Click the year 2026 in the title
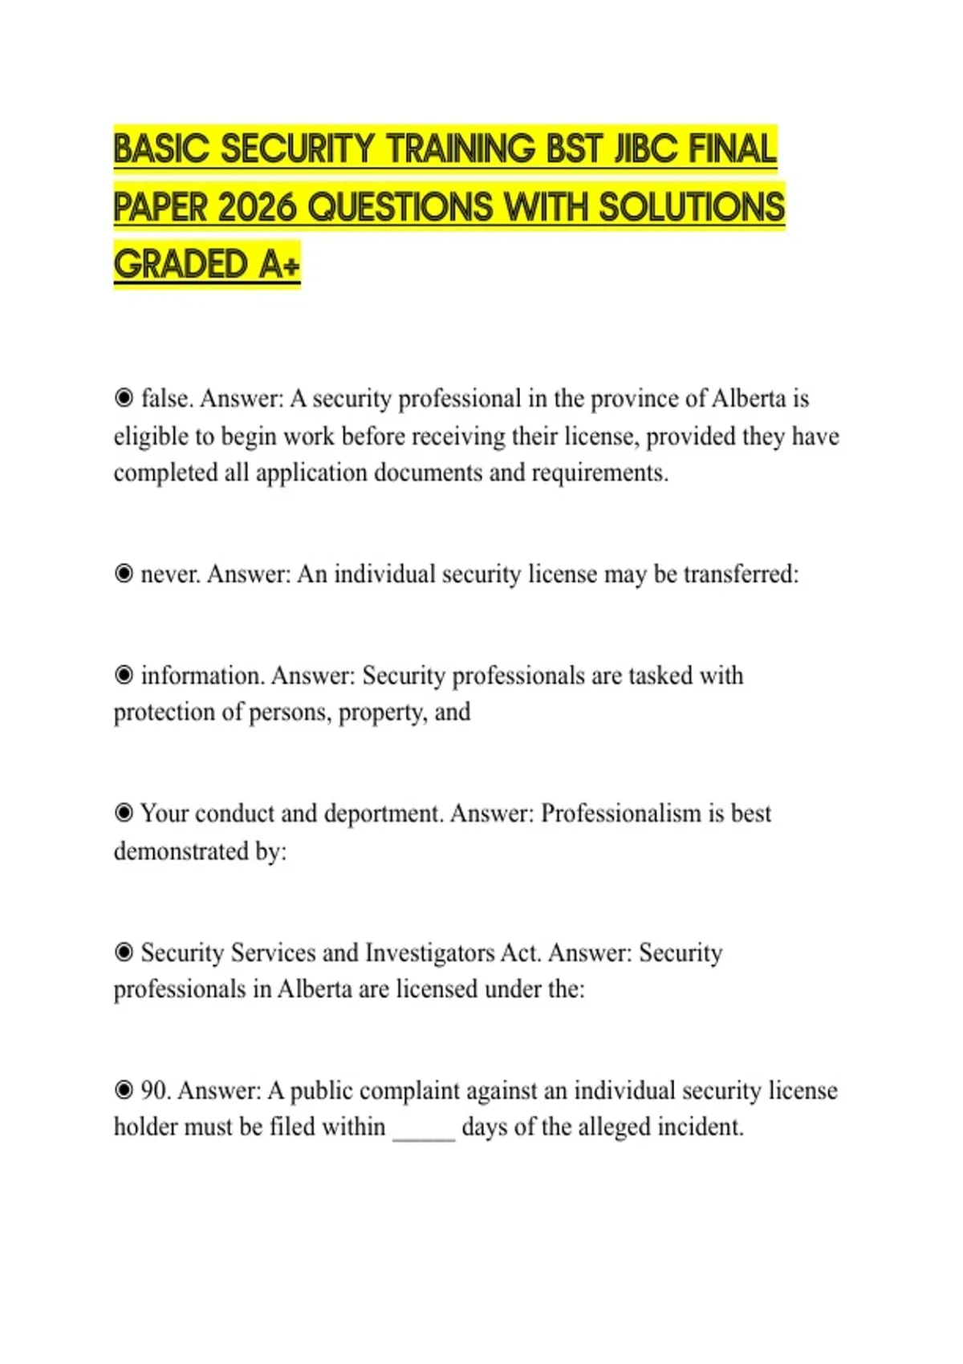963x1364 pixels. pyautogui.click(x=260, y=207)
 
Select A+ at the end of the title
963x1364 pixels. pyautogui.click(x=278, y=265)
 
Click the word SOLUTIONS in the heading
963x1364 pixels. pyautogui.click(x=692, y=207)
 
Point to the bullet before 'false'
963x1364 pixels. pyautogui.click(x=124, y=398)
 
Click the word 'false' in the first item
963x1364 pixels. pyautogui.click(x=167, y=398)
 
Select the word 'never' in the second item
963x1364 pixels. pyautogui.click(x=170, y=574)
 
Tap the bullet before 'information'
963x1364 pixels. pyautogui.click(x=124, y=676)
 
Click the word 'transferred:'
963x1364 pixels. pyautogui.click(x=741, y=574)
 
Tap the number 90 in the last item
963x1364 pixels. pyautogui.click(x=155, y=1091)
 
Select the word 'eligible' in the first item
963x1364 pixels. pyautogui.click(x=152, y=436)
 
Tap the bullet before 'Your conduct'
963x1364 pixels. pyautogui.click(x=124, y=814)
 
